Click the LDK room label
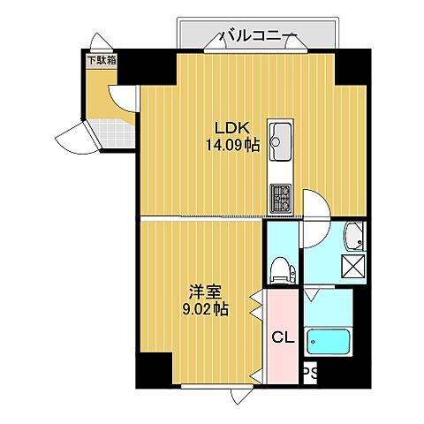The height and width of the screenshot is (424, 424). pos(232,128)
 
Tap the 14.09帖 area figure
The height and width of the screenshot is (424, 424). pos(232,145)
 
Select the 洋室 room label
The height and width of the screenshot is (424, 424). pos(205,292)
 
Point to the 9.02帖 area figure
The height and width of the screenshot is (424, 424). pos(205,309)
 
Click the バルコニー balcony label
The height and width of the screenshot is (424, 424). pos(258,37)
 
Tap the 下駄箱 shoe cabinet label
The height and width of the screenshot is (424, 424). pos(102,61)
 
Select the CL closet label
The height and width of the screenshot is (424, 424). pos(283,337)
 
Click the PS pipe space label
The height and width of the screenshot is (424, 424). pos(310,374)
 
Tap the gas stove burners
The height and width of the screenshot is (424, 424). pos(281,199)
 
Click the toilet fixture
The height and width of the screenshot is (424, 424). pos(283,270)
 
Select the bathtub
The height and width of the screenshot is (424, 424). pos(329,342)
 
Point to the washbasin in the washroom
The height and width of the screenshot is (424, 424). pos(355,236)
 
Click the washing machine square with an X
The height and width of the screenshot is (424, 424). pos(353,267)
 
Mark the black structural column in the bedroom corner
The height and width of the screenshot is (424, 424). pos(154,369)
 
